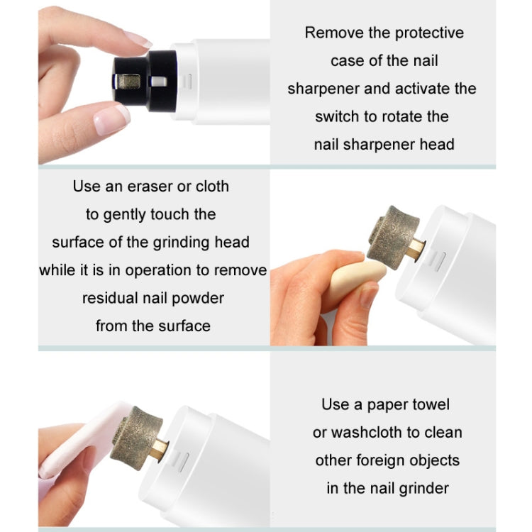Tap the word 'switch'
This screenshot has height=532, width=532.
(x=340, y=116)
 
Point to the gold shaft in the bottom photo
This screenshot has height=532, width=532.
(x=160, y=448)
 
